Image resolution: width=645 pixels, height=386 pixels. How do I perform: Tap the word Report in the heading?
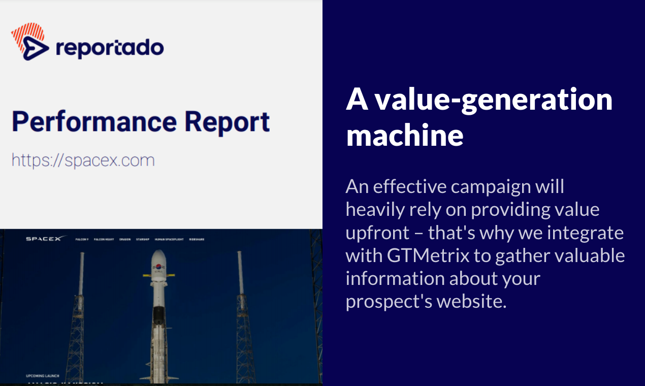click(227, 122)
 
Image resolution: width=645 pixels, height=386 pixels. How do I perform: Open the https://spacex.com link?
click(83, 160)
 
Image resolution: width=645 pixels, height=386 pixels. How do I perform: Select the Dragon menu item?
click(125, 239)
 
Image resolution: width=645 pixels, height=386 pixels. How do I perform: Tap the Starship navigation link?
click(143, 239)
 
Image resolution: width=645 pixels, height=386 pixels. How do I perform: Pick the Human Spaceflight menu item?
click(169, 239)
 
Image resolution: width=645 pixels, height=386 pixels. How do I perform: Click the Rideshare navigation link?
click(197, 239)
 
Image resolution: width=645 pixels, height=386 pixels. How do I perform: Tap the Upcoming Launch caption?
click(42, 376)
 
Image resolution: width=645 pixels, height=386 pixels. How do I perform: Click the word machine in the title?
click(405, 135)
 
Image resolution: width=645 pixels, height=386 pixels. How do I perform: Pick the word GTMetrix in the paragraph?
click(428, 255)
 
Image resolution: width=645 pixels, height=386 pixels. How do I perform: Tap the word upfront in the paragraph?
click(377, 233)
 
